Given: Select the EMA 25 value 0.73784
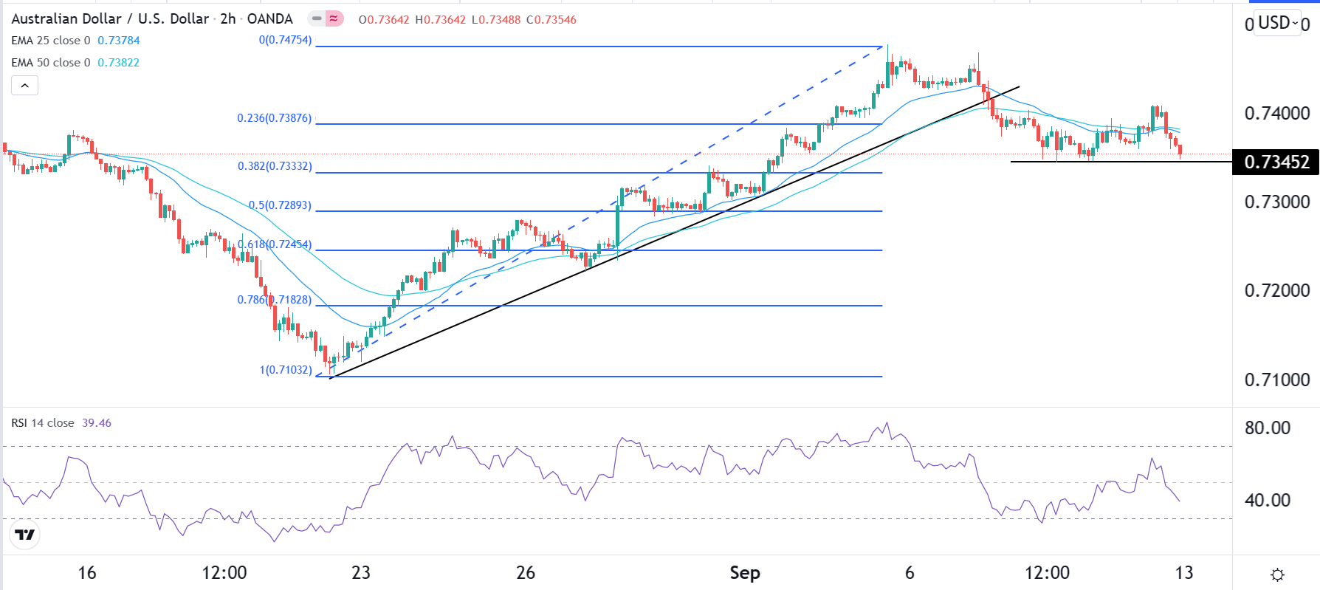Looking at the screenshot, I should pyautogui.click(x=118, y=41).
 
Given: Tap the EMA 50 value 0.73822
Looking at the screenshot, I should pyautogui.click(x=118, y=63).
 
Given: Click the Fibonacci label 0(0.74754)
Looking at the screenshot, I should pyautogui.click(x=285, y=40).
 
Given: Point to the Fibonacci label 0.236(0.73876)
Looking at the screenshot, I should pyautogui.click(x=274, y=118).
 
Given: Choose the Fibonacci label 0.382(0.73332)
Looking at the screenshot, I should pyautogui.click(x=274, y=166).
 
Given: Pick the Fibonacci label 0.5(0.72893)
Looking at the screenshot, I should pyautogui.click(x=280, y=205).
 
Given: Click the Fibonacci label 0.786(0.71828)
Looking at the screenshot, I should pyautogui.click(x=274, y=300).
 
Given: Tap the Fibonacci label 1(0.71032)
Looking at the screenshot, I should pyautogui.click(x=285, y=369).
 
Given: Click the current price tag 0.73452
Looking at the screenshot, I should pyautogui.click(x=1276, y=162).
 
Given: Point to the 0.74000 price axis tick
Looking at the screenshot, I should pyautogui.click(x=1276, y=113).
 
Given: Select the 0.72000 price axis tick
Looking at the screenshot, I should pyautogui.click(x=1276, y=290).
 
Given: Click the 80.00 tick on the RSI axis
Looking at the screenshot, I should pyautogui.click(x=1267, y=428).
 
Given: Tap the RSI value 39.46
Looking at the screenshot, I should pyautogui.click(x=97, y=423).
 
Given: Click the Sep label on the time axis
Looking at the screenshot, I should pyautogui.click(x=744, y=573).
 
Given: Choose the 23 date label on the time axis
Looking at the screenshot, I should pyautogui.click(x=360, y=573).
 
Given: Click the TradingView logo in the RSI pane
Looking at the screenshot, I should pyautogui.click(x=25, y=535).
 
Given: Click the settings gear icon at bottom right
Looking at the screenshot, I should pyautogui.click(x=1277, y=574).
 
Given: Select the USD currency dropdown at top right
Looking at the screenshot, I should pyautogui.click(x=1278, y=23).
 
